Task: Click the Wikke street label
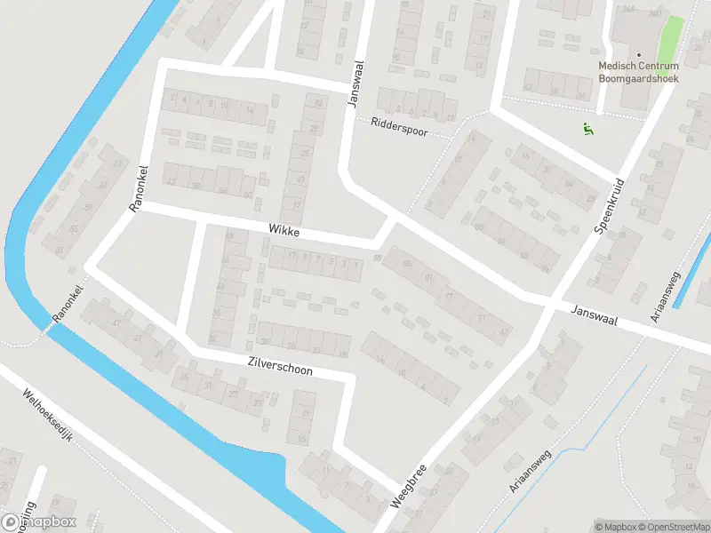click(284, 231)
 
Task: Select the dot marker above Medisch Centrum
click(638, 55)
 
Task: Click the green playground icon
click(587, 130)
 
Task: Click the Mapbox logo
click(40, 522)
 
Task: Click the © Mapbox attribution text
click(613, 526)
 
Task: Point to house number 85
click(407, 264)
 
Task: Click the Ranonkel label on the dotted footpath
click(67, 305)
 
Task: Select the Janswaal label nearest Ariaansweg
click(595, 314)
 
